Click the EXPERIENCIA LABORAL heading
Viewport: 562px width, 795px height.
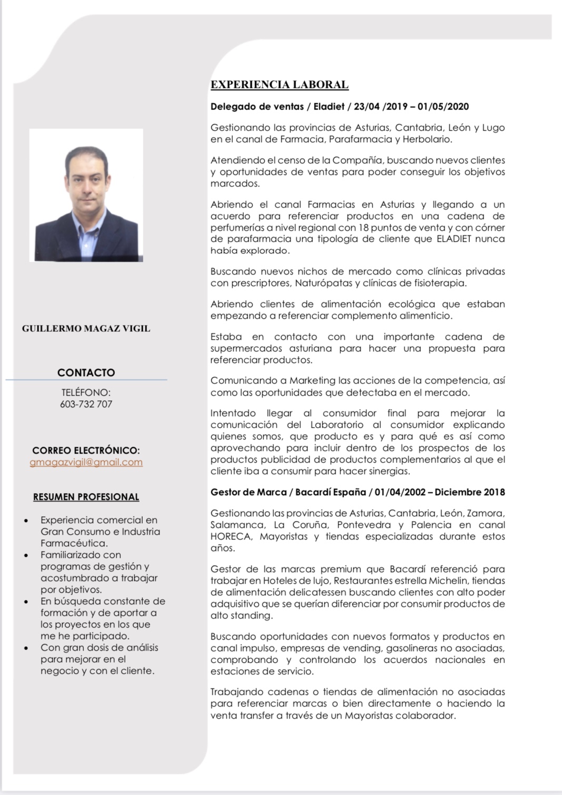pyautogui.click(x=279, y=85)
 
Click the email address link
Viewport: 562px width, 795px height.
pyautogui.click(x=86, y=462)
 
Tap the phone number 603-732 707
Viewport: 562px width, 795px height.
pyautogui.click(x=86, y=404)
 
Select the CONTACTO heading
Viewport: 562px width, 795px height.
pyautogui.click(x=86, y=372)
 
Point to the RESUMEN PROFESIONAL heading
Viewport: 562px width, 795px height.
pyautogui.click(x=86, y=497)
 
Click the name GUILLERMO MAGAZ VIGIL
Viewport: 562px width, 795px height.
pyautogui.click(x=86, y=328)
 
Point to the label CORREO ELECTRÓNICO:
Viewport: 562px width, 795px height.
pyautogui.click(x=86, y=450)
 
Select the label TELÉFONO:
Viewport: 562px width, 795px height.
pyautogui.click(x=86, y=392)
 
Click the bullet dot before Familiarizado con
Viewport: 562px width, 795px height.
pyautogui.click(x=26, y=555)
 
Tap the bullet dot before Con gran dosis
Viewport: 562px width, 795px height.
pyautogui.click(x=26, y=648)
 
